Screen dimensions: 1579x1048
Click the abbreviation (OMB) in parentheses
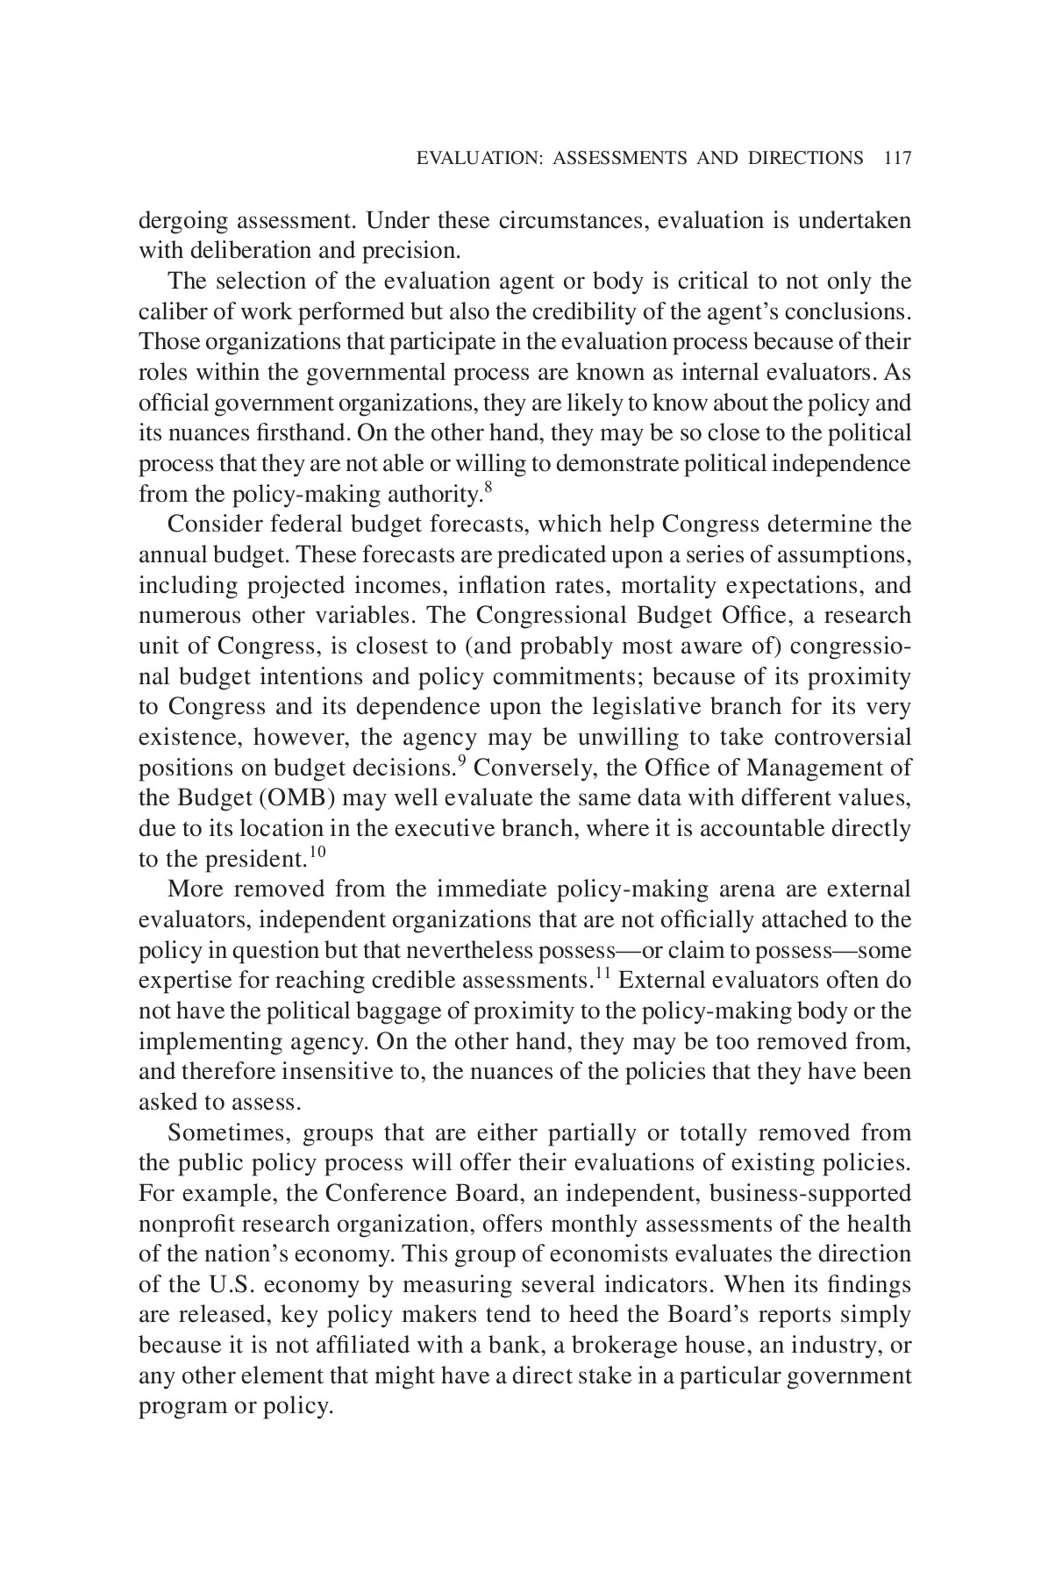298,797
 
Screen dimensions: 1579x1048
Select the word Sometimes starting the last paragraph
229,1132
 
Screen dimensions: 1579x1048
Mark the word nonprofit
185,1224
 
